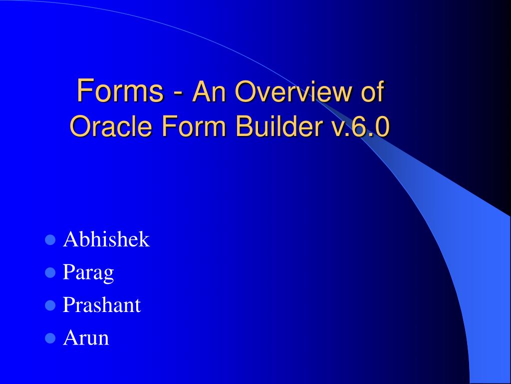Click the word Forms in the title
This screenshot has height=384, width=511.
[120, 91]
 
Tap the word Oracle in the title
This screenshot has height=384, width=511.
[111, 126]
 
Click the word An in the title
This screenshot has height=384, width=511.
[207, 92]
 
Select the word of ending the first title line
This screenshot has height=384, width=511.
[371, 92]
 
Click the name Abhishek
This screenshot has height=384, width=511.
[106, 239]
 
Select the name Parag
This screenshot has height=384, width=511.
[88, 272]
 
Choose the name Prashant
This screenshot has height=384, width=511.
[102, 305]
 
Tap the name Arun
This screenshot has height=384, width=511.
[86, 338]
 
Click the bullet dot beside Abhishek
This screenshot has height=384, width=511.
[49, 240]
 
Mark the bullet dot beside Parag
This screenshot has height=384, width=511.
[49, 272]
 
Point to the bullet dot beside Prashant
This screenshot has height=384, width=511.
[49, 305]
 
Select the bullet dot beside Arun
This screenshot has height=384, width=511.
[49, 338]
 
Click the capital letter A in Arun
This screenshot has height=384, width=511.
[69, 338]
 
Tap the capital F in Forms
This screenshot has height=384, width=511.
[83, 91]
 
